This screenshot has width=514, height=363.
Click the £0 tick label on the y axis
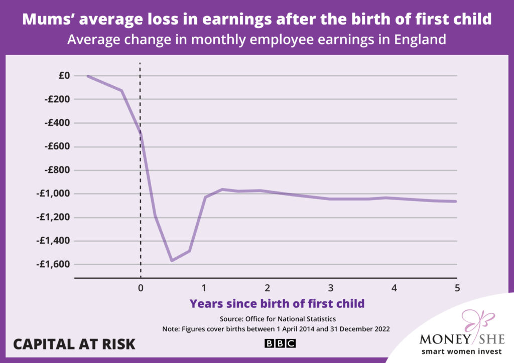point(64,76)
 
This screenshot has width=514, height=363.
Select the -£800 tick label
point(57,170)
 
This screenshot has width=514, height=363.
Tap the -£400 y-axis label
point(57,123)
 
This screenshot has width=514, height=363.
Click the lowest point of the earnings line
point(172,260)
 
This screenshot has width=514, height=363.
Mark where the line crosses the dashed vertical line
point(140,133)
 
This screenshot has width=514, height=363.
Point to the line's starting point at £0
point(88,76)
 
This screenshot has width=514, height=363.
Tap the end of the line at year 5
point(456,202)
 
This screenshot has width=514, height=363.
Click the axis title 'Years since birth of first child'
point(277,303)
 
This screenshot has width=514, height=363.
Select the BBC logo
point(280,343)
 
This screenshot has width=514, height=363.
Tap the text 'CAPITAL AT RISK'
point(74,344)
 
